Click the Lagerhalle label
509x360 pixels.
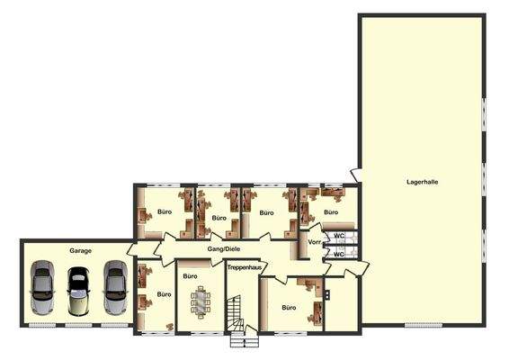[x=422, y=182]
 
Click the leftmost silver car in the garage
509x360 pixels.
[x=41, y=290]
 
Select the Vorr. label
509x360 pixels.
[x=315, y=242]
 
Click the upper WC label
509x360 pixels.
[x=339, y=236]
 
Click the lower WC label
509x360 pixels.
[x=339, y=254]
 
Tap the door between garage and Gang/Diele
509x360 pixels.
[x=132, y=249]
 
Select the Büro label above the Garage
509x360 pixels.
[x=165, y=212]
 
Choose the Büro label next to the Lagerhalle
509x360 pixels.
[x=331, y=212]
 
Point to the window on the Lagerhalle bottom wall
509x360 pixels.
[x=423, y=325]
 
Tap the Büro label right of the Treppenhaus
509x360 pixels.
[x=288, y=308]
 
